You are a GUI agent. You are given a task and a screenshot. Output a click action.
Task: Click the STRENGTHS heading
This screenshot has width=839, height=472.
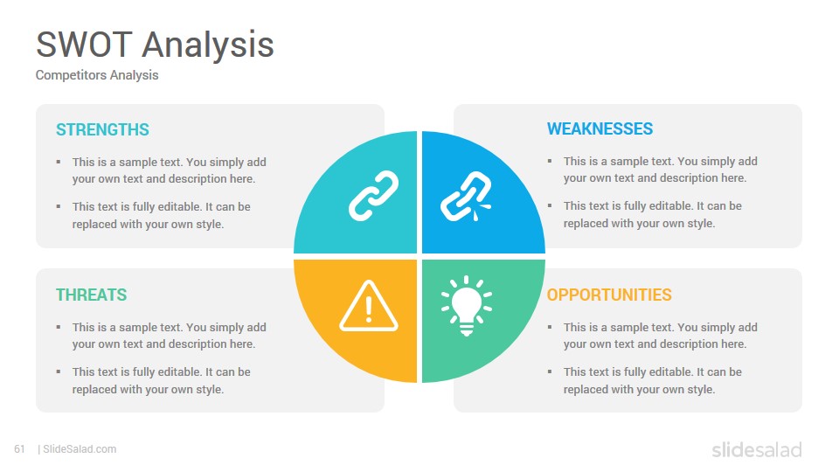(x=103, y=129)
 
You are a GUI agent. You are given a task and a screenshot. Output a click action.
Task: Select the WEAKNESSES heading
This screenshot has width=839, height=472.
(x=600, y=128)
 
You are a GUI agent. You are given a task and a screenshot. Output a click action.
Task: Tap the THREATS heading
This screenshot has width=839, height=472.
(x=92, y=295)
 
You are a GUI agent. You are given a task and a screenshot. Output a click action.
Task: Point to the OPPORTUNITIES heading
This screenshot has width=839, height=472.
(x=609, y=295)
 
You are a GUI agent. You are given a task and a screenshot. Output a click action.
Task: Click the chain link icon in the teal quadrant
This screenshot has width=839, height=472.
(x=373, y=196)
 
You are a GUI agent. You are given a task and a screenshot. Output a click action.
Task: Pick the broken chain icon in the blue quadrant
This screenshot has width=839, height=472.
(x=466, y=197)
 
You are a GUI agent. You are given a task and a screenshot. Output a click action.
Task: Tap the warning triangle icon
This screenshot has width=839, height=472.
(x=369, y=306)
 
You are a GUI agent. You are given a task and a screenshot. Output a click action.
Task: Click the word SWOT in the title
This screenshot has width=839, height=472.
(x=84, y=45)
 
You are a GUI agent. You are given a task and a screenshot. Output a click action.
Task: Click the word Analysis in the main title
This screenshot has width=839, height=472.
(x=208, y=45)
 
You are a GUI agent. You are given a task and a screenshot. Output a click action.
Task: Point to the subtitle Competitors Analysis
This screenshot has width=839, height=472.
(x=97, y=75)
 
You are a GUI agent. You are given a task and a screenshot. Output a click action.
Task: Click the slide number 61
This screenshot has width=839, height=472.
(x=19, y=449)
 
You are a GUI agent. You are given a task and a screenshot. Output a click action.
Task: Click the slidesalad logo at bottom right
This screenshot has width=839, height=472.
(x=757, y=449)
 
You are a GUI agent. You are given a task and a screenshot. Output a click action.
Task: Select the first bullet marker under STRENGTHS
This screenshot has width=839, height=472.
(x=59, y=162)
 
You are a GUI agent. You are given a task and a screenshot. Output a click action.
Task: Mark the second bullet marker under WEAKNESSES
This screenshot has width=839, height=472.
(x=550, y=205)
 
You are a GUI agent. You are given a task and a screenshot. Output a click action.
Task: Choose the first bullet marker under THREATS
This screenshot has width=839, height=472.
(x=59, y=327)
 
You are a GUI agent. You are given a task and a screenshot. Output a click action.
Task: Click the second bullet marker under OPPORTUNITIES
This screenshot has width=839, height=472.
(x=550, y=371)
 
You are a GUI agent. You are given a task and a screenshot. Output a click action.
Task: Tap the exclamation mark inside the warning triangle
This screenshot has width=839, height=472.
(x=369, y=309)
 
